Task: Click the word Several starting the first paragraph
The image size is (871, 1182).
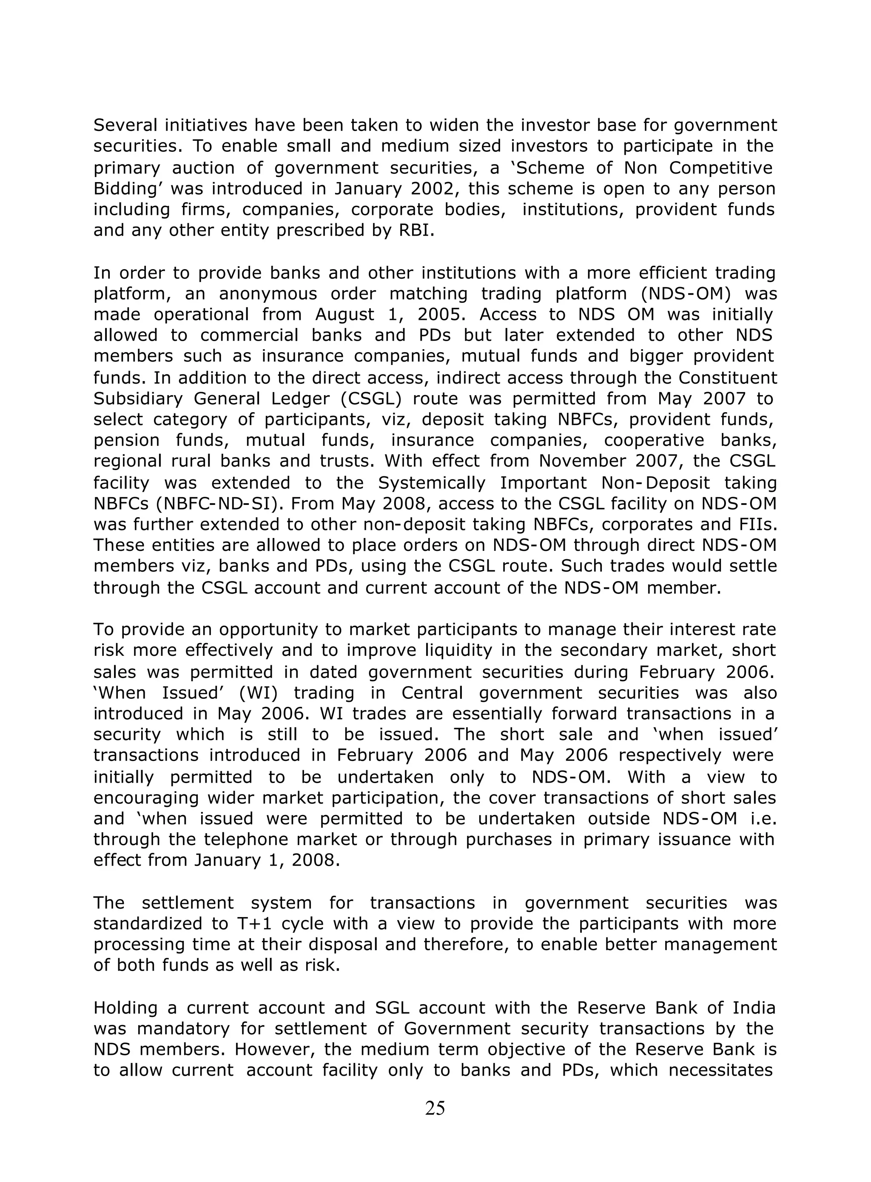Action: [x=125, y=125]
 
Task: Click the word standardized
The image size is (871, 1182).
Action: [x=156, y=924]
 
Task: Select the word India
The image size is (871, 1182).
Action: [x=754, y=1008]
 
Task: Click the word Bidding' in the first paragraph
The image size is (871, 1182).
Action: [x=127, y=189]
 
